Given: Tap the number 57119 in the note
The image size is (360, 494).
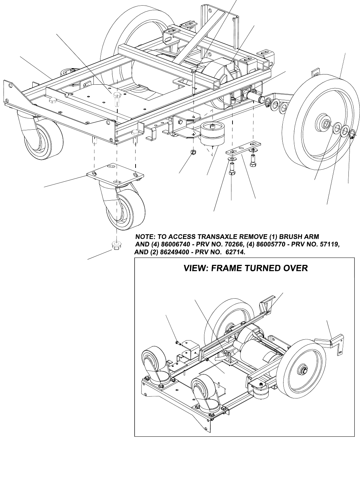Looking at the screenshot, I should (327, 244).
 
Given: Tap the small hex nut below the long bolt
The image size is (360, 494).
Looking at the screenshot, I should (192, 152).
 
